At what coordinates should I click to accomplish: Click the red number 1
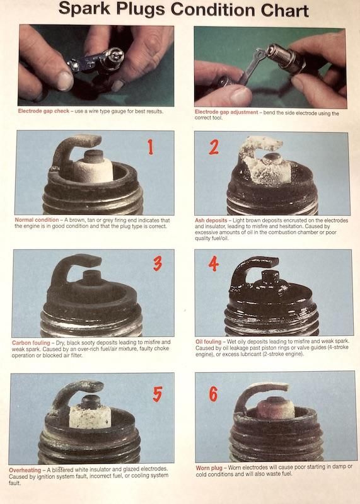(150, 147)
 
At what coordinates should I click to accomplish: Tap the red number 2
(214, 147)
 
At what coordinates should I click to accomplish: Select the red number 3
(158, 263)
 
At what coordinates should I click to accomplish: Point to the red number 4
(214, 264)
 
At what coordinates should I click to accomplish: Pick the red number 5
(158, 394)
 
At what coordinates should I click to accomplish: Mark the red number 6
(213, 394)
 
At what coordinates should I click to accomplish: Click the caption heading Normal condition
(37, 220)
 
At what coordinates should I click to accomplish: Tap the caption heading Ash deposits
(211, 220)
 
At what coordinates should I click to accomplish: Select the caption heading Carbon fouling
(31, 343)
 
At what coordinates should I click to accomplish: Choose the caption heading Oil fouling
(209, 341)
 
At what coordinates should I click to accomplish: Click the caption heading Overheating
(25, 470)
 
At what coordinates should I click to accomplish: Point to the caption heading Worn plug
(209, 468)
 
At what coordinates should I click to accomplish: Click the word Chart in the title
(285, 11)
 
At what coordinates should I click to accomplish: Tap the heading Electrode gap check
(44, 111)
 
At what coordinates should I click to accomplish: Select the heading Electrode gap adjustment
(226, 112)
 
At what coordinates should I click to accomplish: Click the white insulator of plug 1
(93, 170)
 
